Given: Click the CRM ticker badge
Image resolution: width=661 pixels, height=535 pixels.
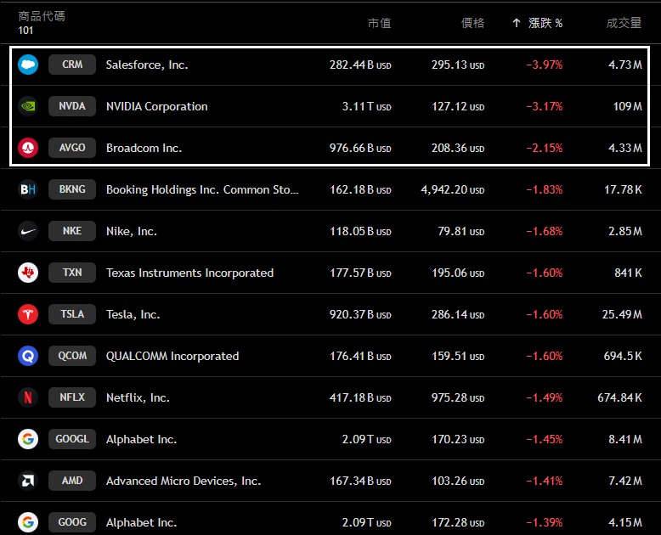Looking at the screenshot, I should [72, 65].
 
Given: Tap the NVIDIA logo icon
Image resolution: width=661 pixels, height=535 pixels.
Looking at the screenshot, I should [28, 106].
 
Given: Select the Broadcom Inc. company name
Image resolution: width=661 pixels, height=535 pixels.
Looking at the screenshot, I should [144, 148].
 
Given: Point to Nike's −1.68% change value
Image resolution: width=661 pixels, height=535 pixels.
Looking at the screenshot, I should [544, 231].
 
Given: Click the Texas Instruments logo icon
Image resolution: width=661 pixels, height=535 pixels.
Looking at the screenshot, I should [28, 273].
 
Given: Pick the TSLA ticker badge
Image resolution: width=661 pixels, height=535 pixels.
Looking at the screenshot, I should [72, 314].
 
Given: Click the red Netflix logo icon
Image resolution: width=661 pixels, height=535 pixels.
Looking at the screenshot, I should [28, 397].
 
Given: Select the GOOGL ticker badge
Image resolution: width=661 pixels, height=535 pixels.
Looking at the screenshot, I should [72, 439].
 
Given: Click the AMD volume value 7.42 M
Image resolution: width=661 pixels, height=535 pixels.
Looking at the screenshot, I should [624, 481].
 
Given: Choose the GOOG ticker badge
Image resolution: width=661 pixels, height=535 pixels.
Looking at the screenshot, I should [72, 522].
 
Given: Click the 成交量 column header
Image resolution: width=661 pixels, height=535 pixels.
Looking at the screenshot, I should [624, 23].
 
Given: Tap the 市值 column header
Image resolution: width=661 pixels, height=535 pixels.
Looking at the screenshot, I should [379, 23].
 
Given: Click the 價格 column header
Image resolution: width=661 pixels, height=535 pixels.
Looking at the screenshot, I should [472, 23].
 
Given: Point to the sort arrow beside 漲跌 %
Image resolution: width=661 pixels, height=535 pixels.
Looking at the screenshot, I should [516, 23].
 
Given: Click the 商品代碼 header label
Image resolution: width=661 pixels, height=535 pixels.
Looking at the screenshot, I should [42, 16].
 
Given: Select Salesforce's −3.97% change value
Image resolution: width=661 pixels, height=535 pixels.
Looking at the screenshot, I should [544, 65].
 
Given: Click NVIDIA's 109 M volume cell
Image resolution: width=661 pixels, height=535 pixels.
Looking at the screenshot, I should [627, 106].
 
